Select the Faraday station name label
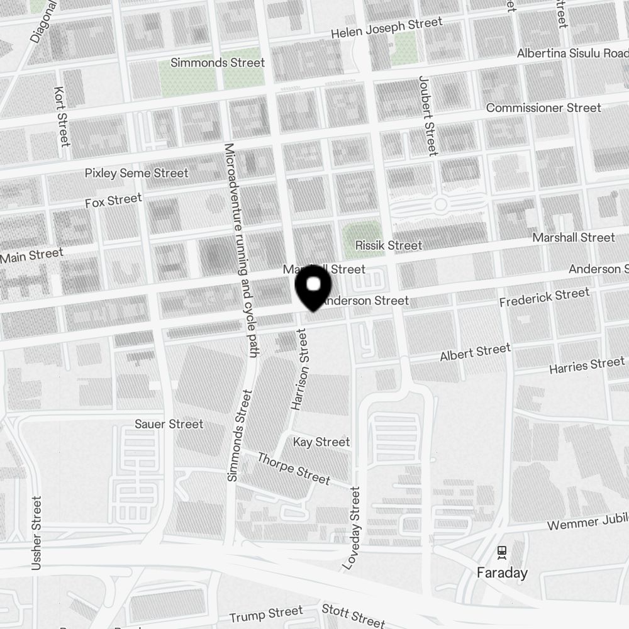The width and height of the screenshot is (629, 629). pyautogui.click(x=502, y=573)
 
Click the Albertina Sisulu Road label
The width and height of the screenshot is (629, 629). pyautogui.click(x=572, y=53)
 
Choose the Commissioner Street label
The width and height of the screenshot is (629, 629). pyautogui.click(x=543, y=108)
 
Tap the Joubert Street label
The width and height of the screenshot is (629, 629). pyautogui.click(x=427, y=116)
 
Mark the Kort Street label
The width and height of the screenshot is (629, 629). pyautogui.click(x=62, y=116)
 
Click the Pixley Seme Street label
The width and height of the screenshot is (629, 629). pyautogui.click(x=136, y=172)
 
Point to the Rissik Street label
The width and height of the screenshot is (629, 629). pyautogui.click(x=389, y=245)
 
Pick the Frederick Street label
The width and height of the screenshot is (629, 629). pyautogui.click(x=544, y=298)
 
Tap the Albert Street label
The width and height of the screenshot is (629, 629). pyautogui.click(x=476, y=352)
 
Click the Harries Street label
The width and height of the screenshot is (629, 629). pyautogui.click(x=587, y=364)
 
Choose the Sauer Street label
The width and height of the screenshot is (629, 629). pyautogui.click(x=169, y=424)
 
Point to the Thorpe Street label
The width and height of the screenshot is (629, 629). pyautogui.click(x=294, y=469)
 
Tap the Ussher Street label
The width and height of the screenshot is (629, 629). pyautogui.click(x=36, y=533)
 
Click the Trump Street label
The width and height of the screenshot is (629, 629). pyautogui.click(x=266, y=614)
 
